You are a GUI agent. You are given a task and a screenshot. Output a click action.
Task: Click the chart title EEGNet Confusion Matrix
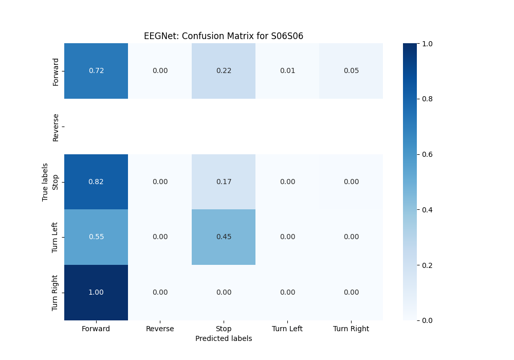pos(224,36)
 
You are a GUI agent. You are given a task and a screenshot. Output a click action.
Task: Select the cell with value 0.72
pos(96,71)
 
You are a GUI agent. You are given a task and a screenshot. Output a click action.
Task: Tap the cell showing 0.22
pos(224,71)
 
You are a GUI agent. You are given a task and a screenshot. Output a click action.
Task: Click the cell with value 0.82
pos(96,182)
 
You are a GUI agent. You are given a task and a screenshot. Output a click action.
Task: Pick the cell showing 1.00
pos(96,292)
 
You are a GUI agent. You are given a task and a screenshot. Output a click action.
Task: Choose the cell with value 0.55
pos(96,237)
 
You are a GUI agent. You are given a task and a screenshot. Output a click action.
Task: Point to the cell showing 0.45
pos(224,237)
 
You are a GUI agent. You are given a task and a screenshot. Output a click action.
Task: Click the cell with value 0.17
pos(224,182)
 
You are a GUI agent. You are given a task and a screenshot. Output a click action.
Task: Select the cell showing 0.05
pos(351,71)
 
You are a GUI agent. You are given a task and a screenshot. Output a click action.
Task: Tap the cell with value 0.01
pos(287,71)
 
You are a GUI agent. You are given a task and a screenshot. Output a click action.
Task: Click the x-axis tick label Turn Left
pos(287,329)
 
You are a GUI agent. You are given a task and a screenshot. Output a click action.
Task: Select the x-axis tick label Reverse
pos(160,329)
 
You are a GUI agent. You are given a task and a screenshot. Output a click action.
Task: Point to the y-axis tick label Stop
pos(56,182)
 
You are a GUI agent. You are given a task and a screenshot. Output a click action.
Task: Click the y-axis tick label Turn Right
pos(56,293)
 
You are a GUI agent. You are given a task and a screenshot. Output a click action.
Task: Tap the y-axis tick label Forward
pos(56,71)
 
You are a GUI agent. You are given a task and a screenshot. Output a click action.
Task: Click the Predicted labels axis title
pos(224,338)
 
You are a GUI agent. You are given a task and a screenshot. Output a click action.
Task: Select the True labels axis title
pos(45,182)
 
